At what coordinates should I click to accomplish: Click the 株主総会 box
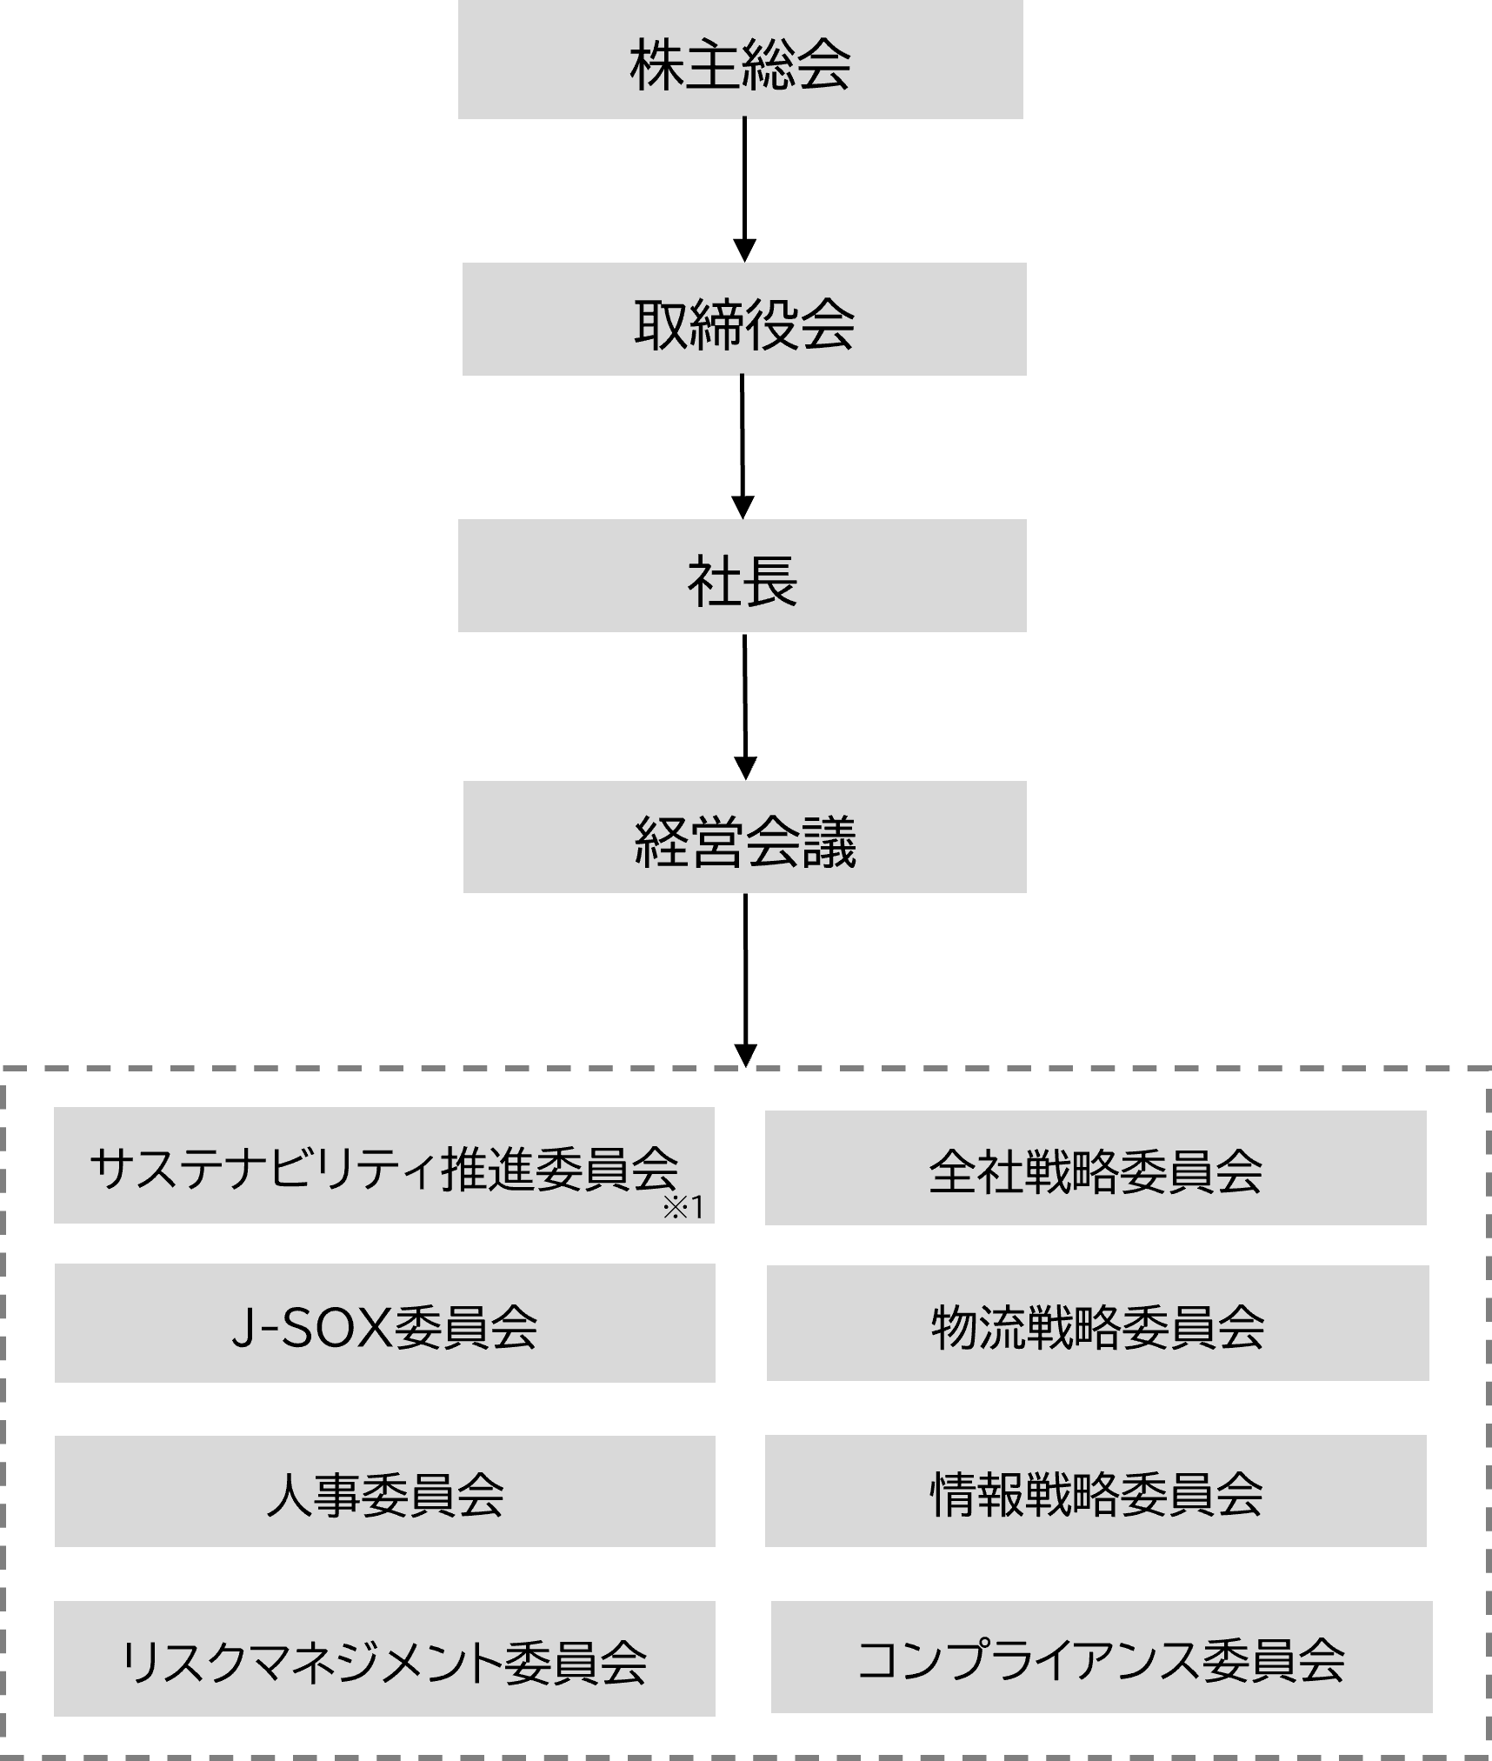click(740, 59)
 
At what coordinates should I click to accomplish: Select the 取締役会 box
click(744, 319)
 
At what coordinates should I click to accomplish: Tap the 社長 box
click(742, 576)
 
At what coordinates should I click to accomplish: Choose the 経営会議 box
click(744, 837)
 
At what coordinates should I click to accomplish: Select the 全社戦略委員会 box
click(1096, 1168)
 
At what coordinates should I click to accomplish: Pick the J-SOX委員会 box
click(384, 1324)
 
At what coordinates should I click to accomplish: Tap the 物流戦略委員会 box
click(1097, 1324)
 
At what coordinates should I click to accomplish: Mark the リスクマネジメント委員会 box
click(384, 1659)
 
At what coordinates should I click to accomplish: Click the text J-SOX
click(311, 1327)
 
